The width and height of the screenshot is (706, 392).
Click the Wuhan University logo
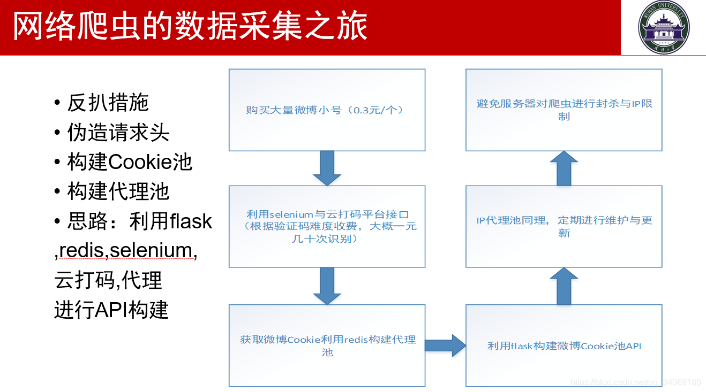coord(663,27)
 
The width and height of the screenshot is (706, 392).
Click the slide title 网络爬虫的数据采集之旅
coord(190,27)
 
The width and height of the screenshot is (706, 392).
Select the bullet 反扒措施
coord(108,103)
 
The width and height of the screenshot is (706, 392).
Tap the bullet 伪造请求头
coord(118,133)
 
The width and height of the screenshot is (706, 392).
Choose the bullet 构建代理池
coord(118,191)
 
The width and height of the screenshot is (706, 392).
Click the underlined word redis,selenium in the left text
coord(125,250)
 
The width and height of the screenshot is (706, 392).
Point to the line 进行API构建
coord(111,310)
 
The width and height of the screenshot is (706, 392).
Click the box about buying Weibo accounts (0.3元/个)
coord(327,110)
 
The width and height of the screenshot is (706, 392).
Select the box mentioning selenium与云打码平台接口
coord(327,226)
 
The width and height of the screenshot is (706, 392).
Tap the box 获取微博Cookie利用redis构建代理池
coord(327,345)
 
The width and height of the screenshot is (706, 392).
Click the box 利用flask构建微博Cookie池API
coord(564,345)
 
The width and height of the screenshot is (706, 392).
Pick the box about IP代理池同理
coord(564,226)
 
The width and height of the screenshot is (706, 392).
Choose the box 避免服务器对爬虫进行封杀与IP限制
coord(564,110)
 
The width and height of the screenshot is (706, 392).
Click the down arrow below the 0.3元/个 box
coord(327,168)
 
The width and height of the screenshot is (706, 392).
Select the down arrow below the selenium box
coord(327,286)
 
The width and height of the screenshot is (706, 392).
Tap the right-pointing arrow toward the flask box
coord(445,345)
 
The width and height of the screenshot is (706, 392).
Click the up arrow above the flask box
coord(564,286)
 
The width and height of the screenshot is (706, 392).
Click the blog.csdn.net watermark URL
coord(635,382)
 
